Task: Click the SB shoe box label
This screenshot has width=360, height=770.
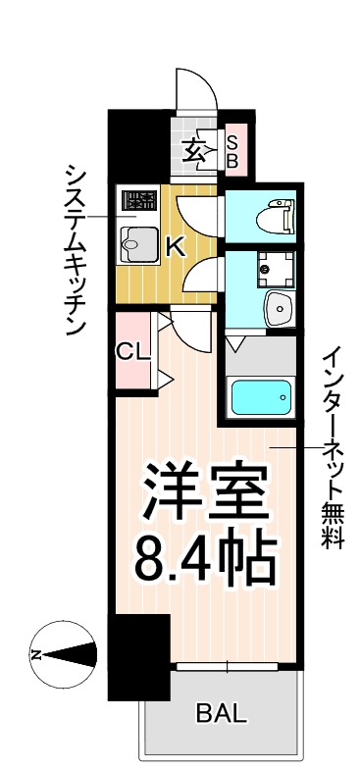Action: [x=233, y=148]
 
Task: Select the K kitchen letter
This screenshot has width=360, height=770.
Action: [x=174, y=246]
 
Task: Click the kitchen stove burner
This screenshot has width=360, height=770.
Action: [x=138, y=203]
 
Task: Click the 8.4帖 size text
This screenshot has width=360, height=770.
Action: [x=206, y=557]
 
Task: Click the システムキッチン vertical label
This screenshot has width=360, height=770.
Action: [x=76, y=250]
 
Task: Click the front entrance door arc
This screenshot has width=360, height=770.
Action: [x=196, y=93]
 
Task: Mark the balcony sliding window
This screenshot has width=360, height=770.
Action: [x=228, y=667]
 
